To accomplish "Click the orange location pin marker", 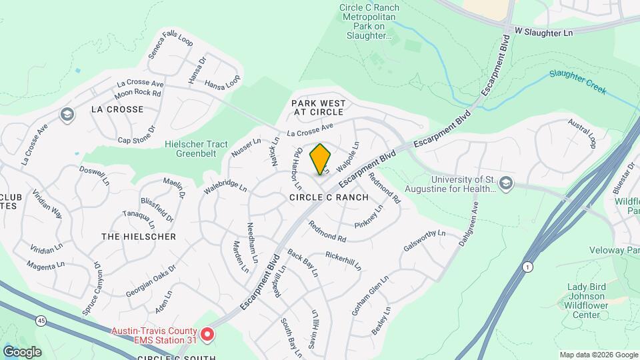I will pos(321,159).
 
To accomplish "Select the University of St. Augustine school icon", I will pos(506,184).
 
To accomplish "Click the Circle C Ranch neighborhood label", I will pos(329,197).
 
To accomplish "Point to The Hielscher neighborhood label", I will pos(139,237).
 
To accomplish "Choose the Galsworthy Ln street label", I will pos(424,241).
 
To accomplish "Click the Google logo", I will pos(22,351).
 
